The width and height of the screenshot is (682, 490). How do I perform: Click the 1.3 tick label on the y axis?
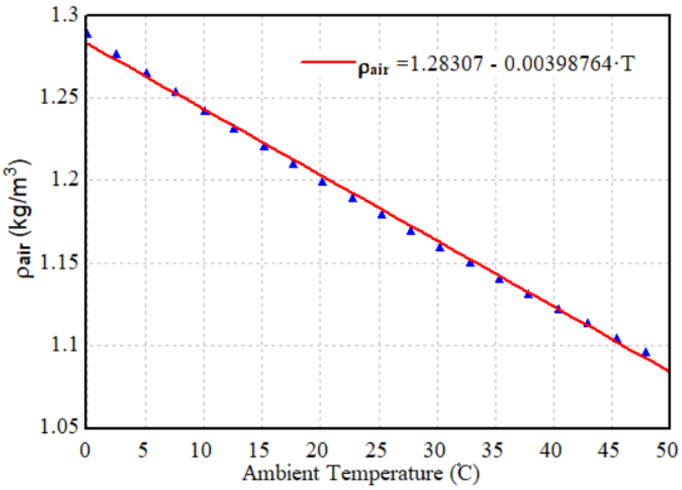(64, 15)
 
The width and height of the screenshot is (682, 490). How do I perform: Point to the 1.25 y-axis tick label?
(59, 98)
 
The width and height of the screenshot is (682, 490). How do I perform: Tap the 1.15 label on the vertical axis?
(59, 263)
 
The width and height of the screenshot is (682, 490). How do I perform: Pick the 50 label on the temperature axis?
(670, 451)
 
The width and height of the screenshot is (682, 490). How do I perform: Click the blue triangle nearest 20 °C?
(322, 182)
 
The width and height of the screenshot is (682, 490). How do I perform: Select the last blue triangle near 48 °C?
(646, 352)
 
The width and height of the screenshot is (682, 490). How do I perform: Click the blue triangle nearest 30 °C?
(440, 247)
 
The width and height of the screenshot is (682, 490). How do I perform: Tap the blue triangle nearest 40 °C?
(558, 309)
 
